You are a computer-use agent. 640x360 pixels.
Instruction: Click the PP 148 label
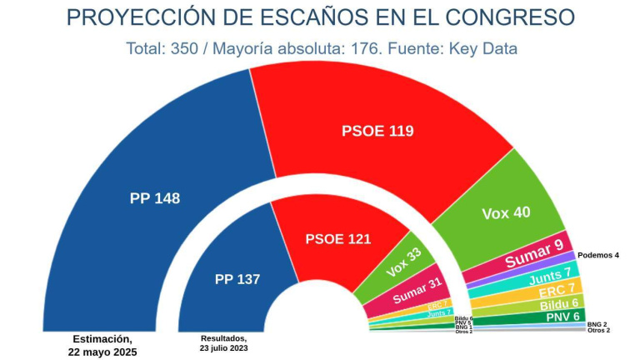[155, 198]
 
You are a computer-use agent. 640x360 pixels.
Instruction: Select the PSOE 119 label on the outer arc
[377, 131]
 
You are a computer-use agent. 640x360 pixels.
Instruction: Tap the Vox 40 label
[506, 212]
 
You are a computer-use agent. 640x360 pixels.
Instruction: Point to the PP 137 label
[237, 279]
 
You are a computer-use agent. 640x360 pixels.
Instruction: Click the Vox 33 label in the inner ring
[404, 263]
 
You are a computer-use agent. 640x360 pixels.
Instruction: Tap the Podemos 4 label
[598, 255]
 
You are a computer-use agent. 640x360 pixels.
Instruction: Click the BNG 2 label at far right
[597, 323]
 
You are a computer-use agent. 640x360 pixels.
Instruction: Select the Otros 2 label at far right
[598, 331]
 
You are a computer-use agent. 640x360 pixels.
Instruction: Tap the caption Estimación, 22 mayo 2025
[102, 345]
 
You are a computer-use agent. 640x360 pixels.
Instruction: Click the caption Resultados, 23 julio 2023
[223, 343]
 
